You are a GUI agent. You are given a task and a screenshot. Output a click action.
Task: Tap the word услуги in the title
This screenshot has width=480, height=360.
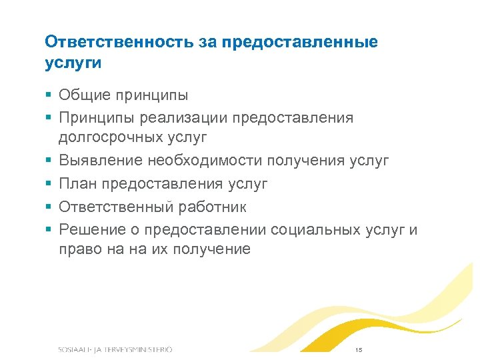73,63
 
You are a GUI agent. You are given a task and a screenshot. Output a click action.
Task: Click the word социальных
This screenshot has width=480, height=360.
325,229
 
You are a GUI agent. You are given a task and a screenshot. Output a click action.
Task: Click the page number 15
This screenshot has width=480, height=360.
358,350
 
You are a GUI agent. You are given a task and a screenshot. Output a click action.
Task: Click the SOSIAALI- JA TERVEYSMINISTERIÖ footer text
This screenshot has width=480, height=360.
115,350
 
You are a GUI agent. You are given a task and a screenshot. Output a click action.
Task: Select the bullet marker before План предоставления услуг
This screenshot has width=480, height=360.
49,184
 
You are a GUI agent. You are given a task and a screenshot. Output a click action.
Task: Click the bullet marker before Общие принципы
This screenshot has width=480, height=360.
49,95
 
